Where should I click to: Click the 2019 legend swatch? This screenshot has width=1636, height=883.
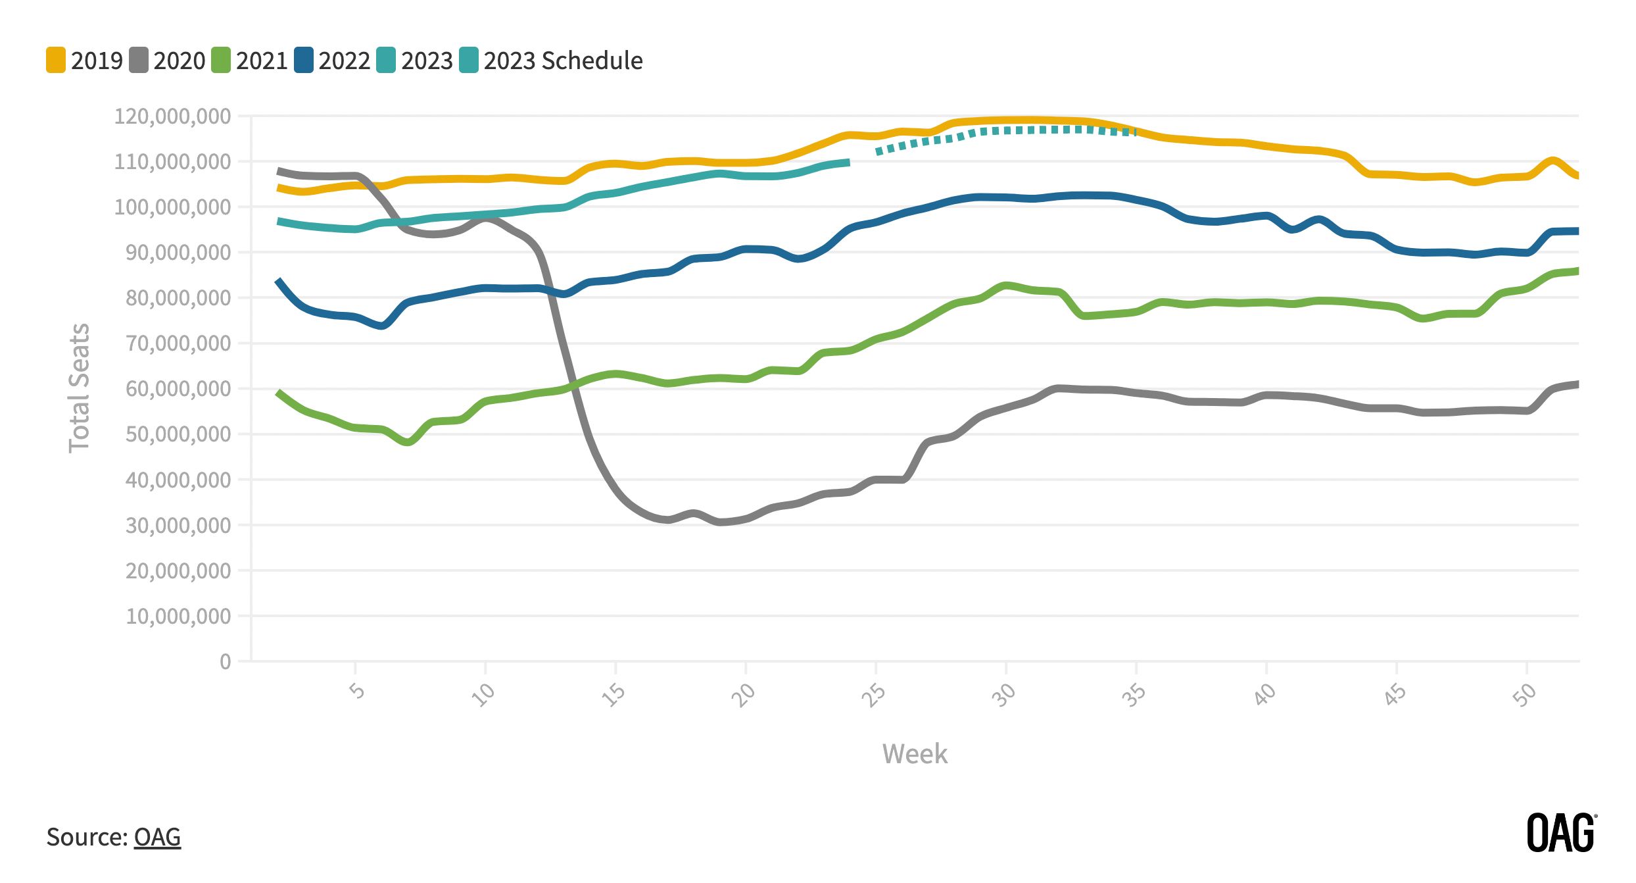pyautogui.click(x=56, y=60)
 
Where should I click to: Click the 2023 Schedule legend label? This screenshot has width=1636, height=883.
pyautogui.click(x=563, y=61)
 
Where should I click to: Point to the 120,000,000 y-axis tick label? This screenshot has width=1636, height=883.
pyautogui.click(x=173, y=116)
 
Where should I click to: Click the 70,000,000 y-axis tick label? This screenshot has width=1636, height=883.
pyautogui.click(x=178, y=343)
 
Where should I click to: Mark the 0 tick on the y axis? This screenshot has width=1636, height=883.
pyautogui.click(x=225, y=661)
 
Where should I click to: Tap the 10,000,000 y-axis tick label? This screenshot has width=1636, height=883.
pyautogui.click(x=178, y=617)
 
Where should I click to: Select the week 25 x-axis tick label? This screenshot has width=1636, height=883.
pyautogui.click(x=874, y=694)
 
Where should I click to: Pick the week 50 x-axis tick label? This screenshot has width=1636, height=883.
pyautogui.click(x=1524, y=694)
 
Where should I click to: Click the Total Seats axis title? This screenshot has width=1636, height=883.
pyautogui.click(x=79, y=388)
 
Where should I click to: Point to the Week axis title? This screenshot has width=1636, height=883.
pyautogui.click(x=915, y=754)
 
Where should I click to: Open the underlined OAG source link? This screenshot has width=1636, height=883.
pyautogui.click(x=157, y=837)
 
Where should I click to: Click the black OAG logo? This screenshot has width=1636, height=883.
pyautogui.click(x=1561, y=833)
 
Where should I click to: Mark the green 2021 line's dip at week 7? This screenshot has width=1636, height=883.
pyautogui.click(x=408, y=441)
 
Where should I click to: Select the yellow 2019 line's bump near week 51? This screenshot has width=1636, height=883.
pyautogui.click(x=1552, y=161)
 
